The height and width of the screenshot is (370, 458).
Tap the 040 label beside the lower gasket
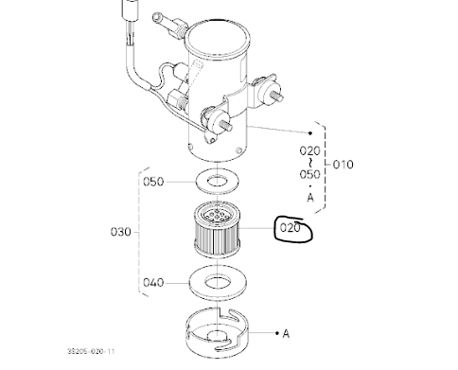tap(153, 281)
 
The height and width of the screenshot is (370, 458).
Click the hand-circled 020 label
tap(289, 228)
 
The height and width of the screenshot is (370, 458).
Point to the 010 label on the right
tap(345, 164)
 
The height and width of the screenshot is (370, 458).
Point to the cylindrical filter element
tap(220, 236)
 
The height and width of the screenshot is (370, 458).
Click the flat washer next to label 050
tap(220, 180)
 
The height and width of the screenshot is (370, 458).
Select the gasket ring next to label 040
tap(220, 280)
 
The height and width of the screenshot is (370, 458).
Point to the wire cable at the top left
tap(124, 38)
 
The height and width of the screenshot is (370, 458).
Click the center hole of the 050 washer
tap(220, 179)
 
